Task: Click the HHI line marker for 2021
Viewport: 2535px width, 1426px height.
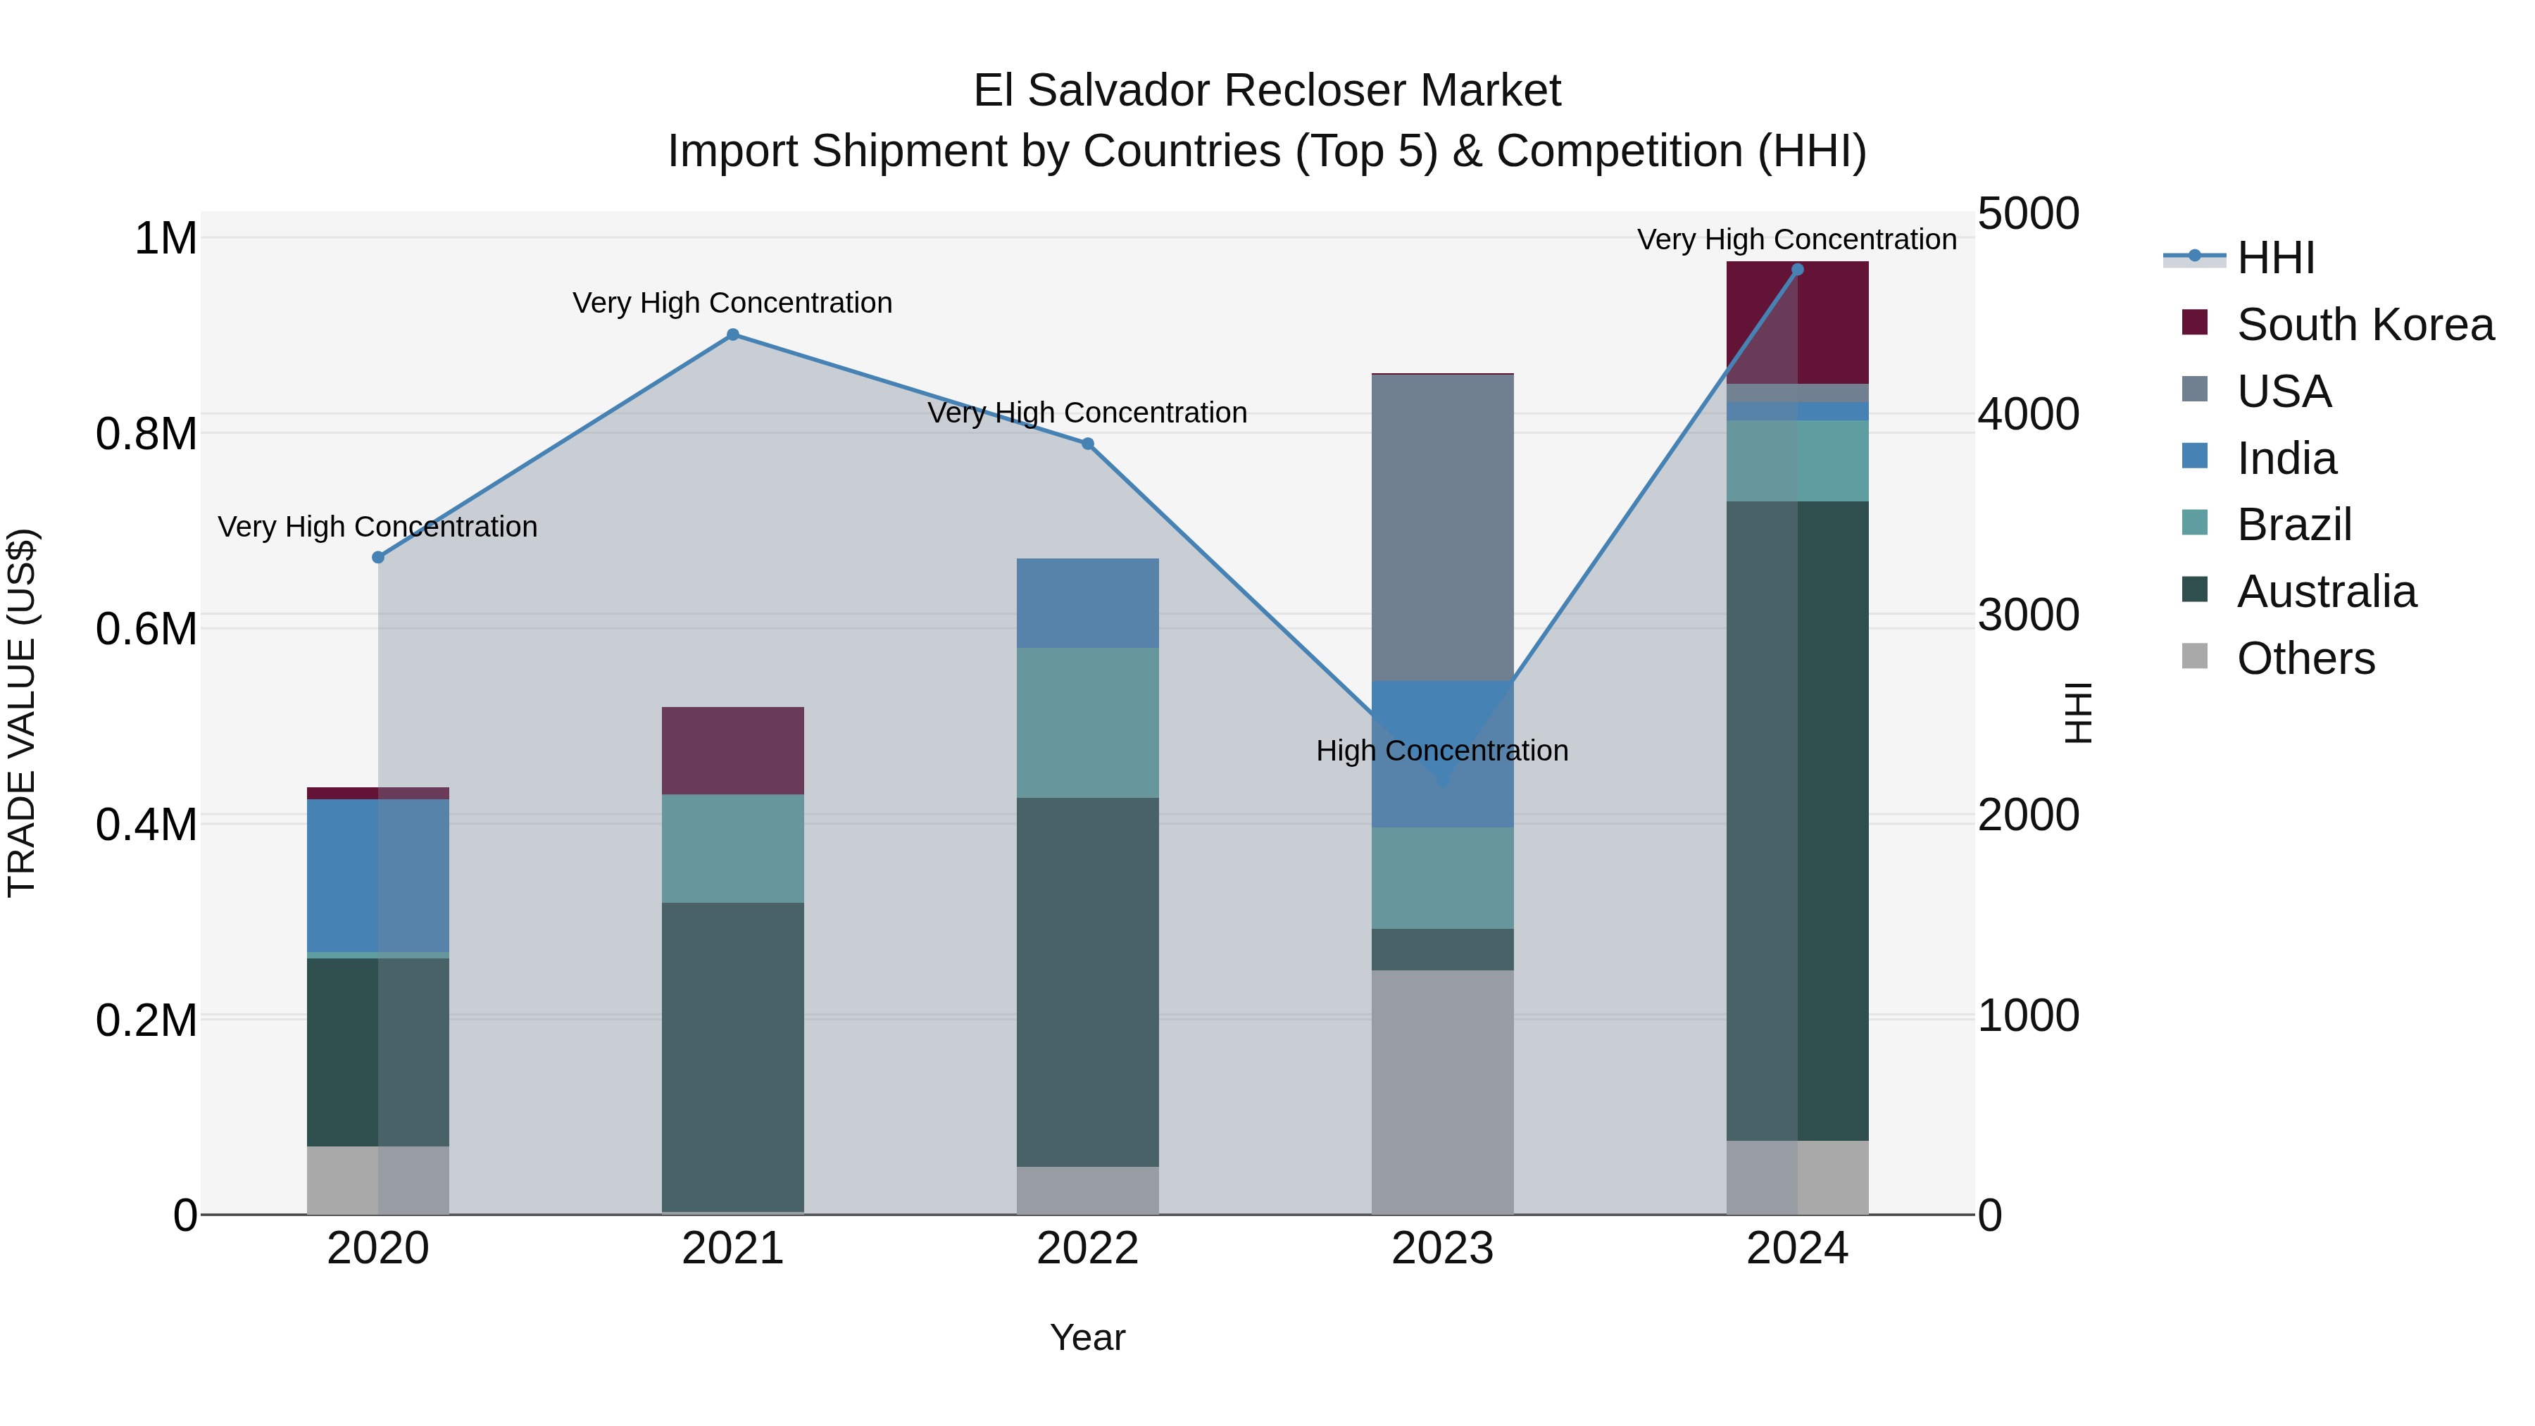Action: click(x=732, y=334)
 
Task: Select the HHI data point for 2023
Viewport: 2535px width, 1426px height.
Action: click(x=1443, y=782)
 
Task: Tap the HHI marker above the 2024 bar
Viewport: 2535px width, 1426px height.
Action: click(x=1797, y=270)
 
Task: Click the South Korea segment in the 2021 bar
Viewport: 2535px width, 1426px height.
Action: click(x=732, y=750)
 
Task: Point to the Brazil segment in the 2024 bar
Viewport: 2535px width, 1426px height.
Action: click(x=1797, y=461)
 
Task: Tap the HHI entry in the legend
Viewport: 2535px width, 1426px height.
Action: click(x=2275, y=258)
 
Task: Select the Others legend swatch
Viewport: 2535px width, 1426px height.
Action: click(x=2194, y=656)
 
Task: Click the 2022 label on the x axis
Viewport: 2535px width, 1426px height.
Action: click(x=1087, y=1249)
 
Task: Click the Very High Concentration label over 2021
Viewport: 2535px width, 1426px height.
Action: click(x=732, y=303)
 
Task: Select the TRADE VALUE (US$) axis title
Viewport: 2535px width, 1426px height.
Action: click(x=22, y=713)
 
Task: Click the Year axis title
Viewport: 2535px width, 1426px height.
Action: click(x=1087, y=1337)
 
